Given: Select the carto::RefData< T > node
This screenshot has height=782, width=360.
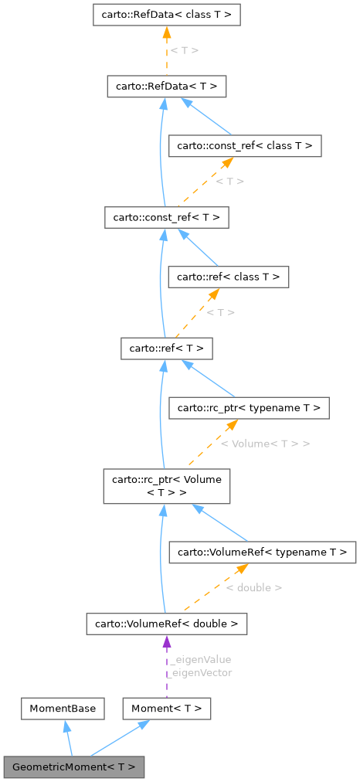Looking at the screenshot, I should click(166, 86).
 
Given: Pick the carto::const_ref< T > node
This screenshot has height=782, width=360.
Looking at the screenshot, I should click(166, 217).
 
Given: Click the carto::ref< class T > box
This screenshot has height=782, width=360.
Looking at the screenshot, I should click(229, 276).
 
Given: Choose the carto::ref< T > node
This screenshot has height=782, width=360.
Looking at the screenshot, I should click(166, 348).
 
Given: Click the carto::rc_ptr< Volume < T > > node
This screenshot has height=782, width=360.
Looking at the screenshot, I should click(166, 487).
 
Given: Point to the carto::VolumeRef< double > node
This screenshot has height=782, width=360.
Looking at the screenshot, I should click(166, 623).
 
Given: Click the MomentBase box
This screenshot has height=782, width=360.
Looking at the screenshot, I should click(63, 708).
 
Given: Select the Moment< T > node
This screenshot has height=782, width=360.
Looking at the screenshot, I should click(167, 708).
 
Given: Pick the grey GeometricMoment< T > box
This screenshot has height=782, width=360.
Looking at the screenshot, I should click(73, 767).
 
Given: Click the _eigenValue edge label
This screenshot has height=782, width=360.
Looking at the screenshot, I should click(200, 660).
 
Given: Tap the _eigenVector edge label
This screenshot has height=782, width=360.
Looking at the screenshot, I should click(200, 672).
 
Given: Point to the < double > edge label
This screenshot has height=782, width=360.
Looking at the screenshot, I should click(253, 587).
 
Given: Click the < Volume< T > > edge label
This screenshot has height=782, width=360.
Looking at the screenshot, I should click(265, 444).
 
